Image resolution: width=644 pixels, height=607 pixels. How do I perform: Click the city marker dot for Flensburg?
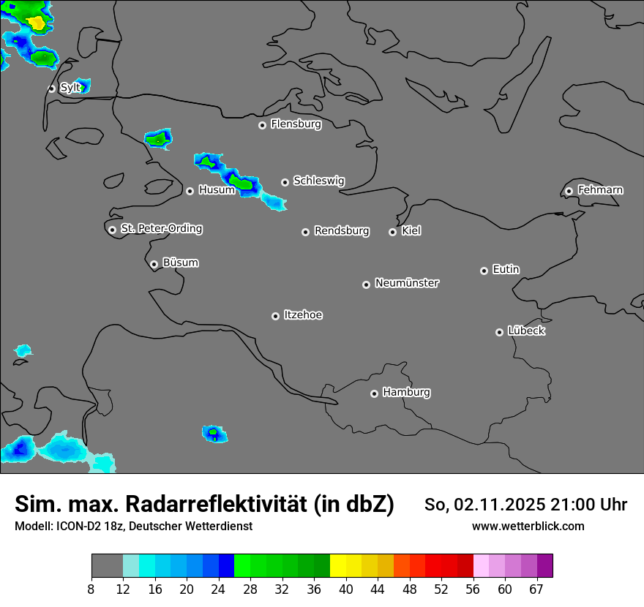point(262,125)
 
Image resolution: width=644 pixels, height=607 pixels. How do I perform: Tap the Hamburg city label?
point(406,392)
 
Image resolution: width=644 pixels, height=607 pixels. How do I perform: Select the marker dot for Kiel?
point(392,232)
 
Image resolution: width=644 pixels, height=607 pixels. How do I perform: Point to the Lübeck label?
point(526,331)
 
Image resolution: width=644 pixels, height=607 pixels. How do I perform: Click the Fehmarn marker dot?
point(569,191)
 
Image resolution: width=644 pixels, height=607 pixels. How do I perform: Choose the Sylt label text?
point(70,88)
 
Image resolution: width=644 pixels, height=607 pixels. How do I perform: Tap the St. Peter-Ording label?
point(161,228)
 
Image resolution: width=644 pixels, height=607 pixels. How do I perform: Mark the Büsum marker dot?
point(154,264)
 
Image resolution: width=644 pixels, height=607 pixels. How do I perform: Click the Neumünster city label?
point(407,282)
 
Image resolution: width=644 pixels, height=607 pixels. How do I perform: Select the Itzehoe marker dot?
point(275,316)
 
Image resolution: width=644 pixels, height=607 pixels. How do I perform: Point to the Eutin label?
point(506,269)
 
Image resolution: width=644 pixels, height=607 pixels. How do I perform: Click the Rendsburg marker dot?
point(305,232)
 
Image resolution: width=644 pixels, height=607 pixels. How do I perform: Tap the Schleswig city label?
point(318,181)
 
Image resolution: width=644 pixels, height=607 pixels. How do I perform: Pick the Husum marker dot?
point(190,191)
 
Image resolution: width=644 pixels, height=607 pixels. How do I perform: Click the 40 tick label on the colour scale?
point(345,589)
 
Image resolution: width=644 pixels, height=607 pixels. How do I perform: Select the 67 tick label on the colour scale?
point(536,589)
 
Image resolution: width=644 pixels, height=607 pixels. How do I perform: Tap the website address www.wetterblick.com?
point(528,526)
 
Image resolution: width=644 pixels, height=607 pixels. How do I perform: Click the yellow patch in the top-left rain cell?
point(36,23)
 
